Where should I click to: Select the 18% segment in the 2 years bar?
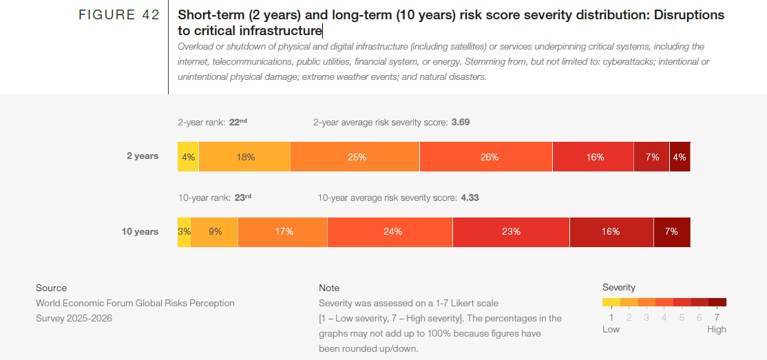coord(244,157)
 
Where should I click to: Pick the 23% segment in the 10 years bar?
coord(511,232)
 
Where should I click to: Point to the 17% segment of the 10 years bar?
coord(283,232)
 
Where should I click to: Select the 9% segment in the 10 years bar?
coord(215,232)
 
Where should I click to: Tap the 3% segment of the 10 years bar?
coord(184,232)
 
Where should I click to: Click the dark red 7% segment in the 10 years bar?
coord(672,232)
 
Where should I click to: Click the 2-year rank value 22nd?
coord(238,123)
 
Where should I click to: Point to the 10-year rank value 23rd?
coord(242,198)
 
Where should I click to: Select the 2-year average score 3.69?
coord(461,123)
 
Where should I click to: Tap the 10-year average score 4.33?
coord(470,198)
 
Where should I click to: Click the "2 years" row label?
coord(143,156)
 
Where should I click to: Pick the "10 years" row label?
coord(140,232)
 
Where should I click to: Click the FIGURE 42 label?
coord(119,15)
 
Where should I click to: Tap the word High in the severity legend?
coord(716,329)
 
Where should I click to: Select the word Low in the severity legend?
coord(611,329)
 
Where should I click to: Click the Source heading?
coord(52,288)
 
